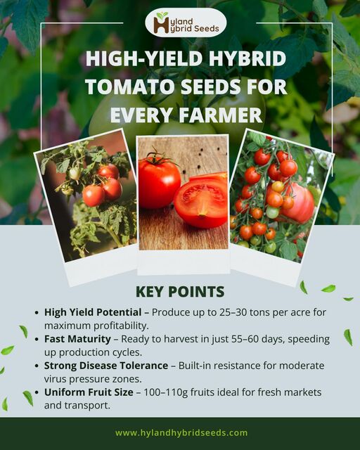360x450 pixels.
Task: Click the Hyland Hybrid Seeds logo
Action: pyautogui.click(x=186, y=22)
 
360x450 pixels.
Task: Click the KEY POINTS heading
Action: pyautogui.click(x=179, y=291)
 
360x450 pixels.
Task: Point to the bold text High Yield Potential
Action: pyautogui.click(x=96, y=311)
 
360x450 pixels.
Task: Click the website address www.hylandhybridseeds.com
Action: pyautogui.click(x=181, y=433)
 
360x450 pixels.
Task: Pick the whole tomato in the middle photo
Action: pyautogui.click(x=159, y=182)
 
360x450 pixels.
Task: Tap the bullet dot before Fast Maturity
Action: pyautogui.click(x=37, y=339)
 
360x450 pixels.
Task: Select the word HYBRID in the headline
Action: pyautogui.click(x=240, y=60)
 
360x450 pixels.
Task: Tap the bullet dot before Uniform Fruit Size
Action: pyautogui.click(x=37, y=393)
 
